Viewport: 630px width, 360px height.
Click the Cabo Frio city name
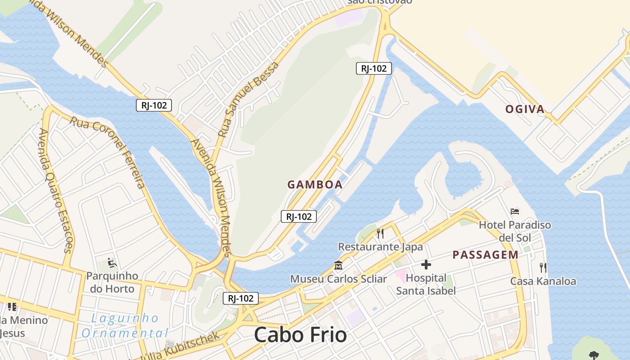(x=300, y=335)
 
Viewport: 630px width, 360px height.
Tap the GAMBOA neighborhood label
(x=315, y=184)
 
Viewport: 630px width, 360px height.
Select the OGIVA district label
(x=525, y=109)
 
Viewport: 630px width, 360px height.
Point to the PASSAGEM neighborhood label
(x=486, y=255)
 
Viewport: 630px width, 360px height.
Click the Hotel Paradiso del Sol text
(x=515, y=231)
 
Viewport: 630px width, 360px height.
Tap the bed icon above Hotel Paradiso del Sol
(x=515, y=211)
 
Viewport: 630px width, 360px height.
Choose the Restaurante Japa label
(x=380, y=247)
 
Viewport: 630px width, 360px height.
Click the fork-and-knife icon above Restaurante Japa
(x=380, y=233)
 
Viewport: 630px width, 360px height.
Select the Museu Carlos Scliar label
(x=338, y=279)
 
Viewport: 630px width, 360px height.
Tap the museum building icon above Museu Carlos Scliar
(x=338, y=265)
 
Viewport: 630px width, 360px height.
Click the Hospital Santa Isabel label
(x=426, y=284)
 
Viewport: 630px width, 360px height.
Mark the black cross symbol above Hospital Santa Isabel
(x=426, y=265)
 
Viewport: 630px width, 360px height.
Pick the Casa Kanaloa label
(x=543, y=281)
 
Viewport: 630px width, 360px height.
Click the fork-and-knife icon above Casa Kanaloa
(x=543, y=268)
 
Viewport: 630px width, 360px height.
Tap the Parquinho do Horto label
(x=112, y=282)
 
